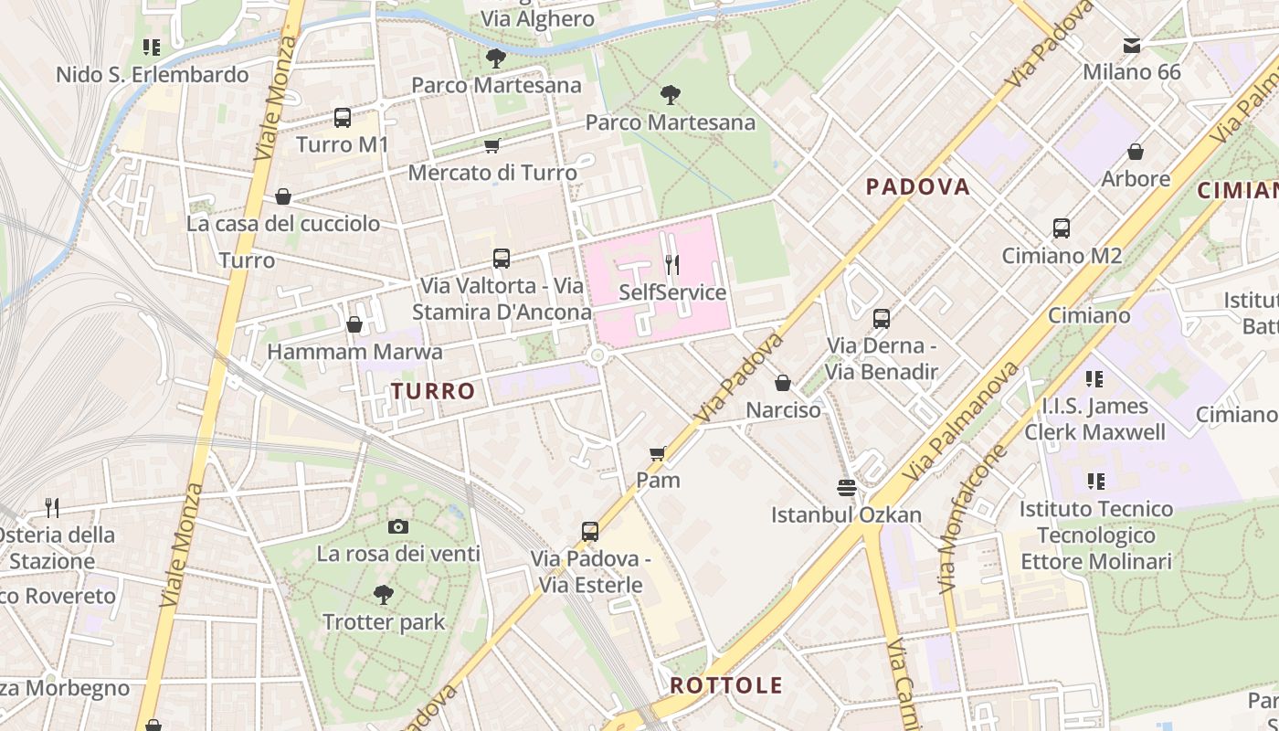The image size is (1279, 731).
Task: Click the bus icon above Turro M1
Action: point(343,118)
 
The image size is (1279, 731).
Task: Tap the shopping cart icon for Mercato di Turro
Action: point(492,145)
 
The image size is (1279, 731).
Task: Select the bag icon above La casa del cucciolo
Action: point(283,196)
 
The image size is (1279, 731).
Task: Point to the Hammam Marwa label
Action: point(354,352)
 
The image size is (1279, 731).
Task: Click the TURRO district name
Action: point(434,391)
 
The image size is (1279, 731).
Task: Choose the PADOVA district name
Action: point(917,187)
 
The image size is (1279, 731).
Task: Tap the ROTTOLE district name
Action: point(726,685)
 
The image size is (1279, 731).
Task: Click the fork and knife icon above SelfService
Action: point(672,265)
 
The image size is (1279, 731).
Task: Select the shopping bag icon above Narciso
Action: point(783,383)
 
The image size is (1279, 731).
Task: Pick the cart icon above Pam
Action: point(658,453)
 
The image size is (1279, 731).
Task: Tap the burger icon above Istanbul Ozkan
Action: point(846,488)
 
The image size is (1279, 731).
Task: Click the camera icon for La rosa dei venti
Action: point(397,526)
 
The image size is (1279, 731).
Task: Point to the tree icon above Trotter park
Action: point(384,595)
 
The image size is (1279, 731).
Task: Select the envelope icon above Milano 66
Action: point(1132,45)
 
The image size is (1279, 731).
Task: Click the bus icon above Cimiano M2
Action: point(1062,228)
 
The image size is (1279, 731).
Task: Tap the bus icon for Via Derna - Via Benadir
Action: point(882,319)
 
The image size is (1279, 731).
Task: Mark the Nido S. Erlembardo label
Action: point(153,75)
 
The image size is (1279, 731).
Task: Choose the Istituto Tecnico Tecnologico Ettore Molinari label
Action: point(1096,535)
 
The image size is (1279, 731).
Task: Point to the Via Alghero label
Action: point(537,19)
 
